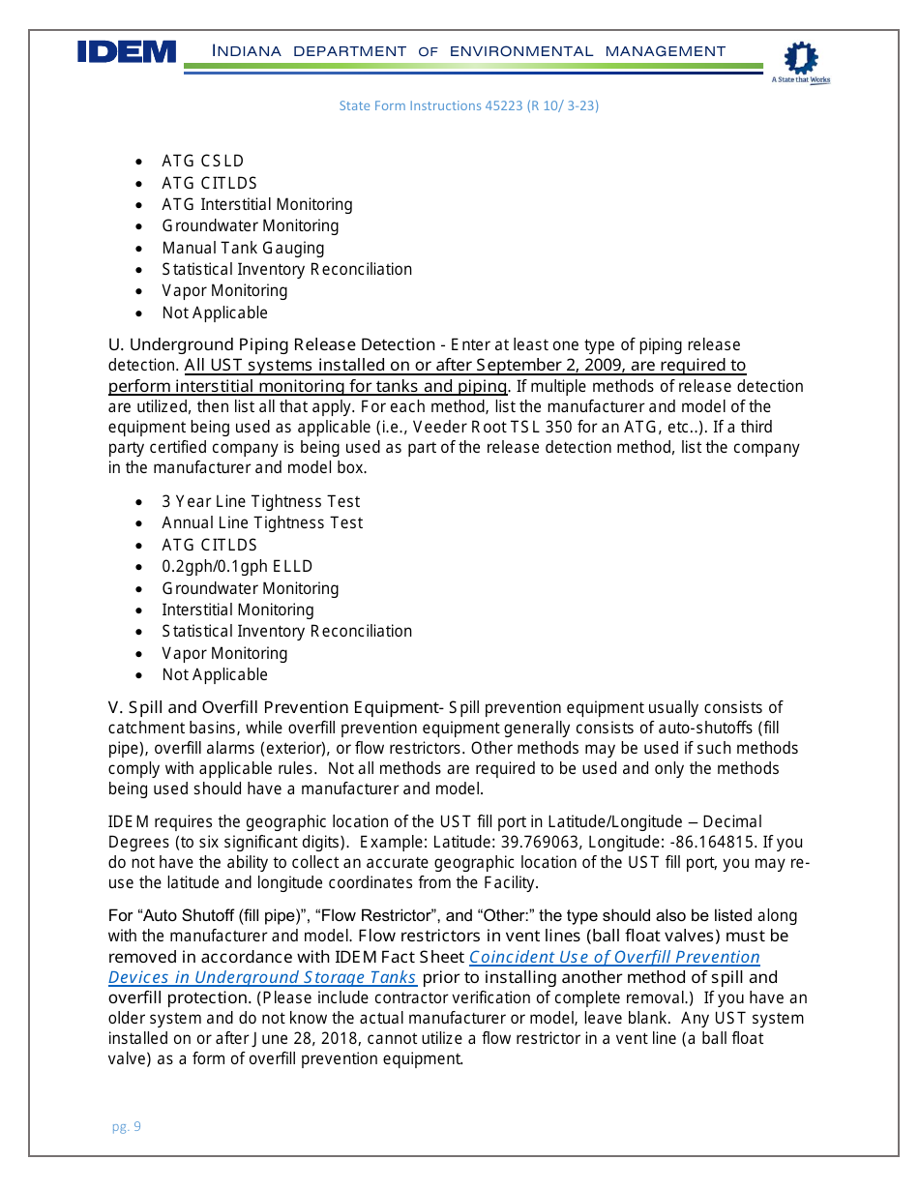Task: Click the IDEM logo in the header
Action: [127, 52]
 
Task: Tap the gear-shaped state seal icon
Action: [800, 59]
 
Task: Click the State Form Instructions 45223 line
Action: [468, 105]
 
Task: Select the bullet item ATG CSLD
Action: [202, 161]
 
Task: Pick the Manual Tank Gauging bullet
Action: [243, 248]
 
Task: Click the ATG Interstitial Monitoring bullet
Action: [256, 204]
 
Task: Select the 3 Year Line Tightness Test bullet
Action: [260, 501]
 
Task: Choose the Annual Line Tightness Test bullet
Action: [262, 522]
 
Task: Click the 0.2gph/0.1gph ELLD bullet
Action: [237, 566]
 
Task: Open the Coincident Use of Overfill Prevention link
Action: [614, 957]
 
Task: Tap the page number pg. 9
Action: [126, 1126]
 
